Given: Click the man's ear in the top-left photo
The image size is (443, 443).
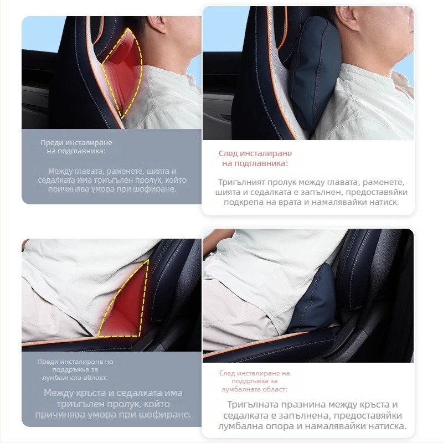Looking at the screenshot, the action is [154, 24].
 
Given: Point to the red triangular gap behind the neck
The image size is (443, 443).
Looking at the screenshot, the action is [122, 74].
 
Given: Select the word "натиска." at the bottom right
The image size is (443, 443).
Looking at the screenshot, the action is [388, 426].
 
